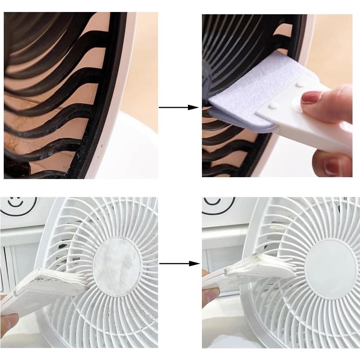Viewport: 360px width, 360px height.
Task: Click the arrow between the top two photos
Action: click(x=179, y=108)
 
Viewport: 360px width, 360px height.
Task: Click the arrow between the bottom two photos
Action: click(x=179, y=263)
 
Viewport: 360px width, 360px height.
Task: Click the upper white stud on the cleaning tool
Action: click(x=300, y=85)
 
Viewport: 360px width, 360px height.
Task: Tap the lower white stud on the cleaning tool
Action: click(x=274, y=106)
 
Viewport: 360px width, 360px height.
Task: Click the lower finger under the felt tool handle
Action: click(x=335, y=163)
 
